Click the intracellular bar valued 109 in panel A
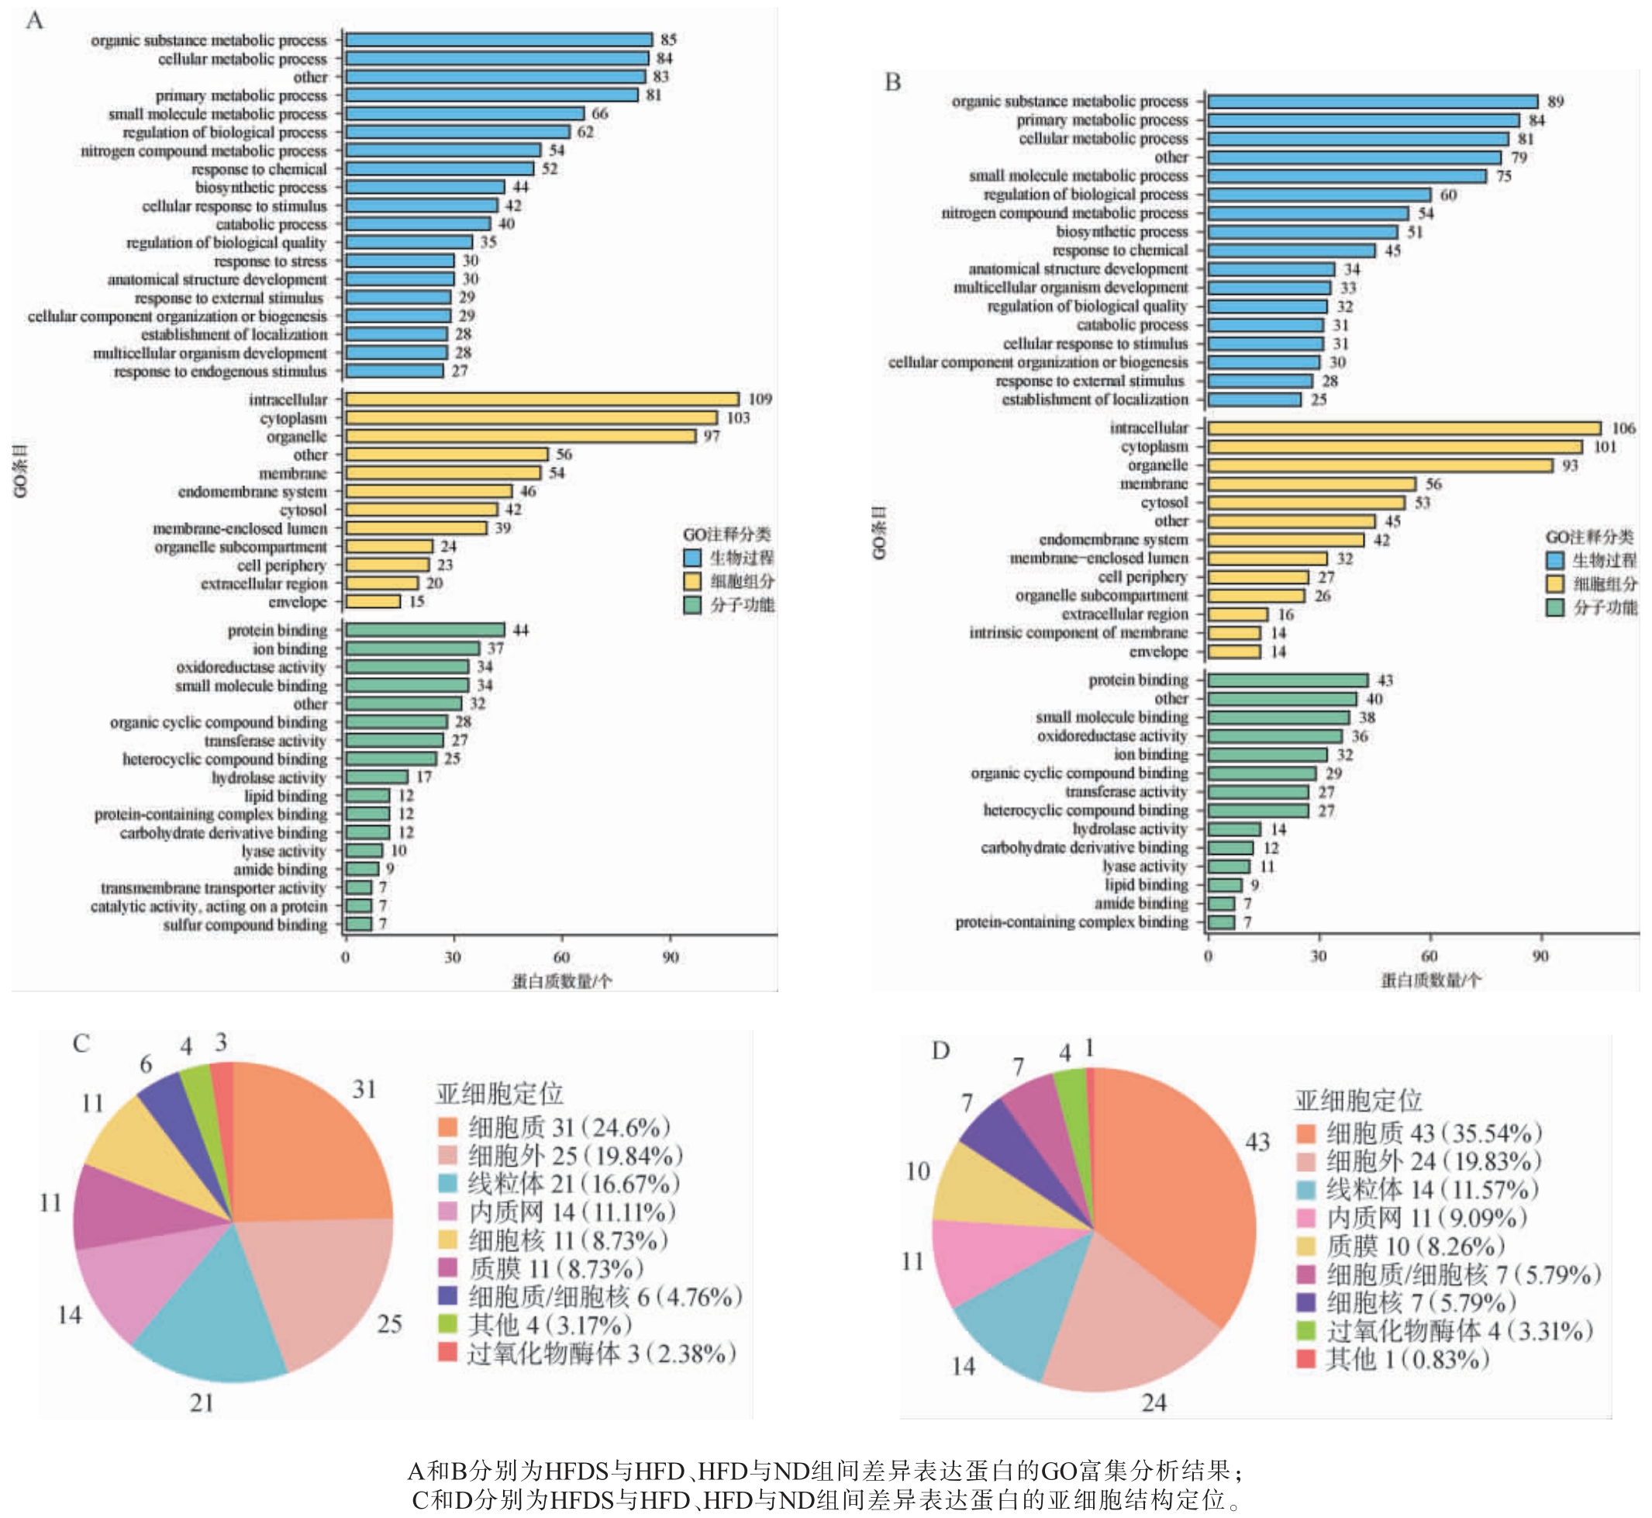coord(542,399)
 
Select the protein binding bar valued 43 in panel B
coord(1288,680)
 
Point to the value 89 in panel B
coord(1555,102)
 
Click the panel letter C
coord(81,1043)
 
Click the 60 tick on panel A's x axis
coord(561,958)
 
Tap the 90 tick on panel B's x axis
coord(1540,956)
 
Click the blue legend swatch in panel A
coord(692,558)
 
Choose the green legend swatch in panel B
coord(1554,608)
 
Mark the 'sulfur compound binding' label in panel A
coord(245,925)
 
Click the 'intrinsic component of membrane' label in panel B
coord(1078,632)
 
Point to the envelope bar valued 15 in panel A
coord(373,601)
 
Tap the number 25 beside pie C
coord(389,1324)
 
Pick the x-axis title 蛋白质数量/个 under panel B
coord(1430,980)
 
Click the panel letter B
coord(892,82)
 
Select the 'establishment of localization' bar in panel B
coord(1254,400)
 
